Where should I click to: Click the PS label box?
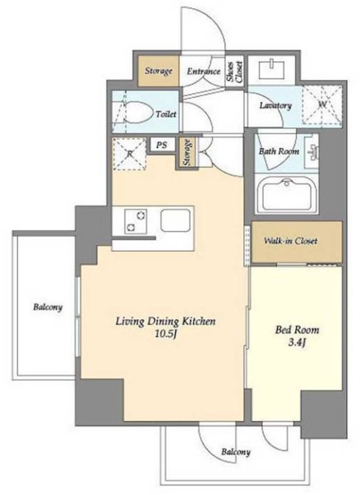click(162, 145)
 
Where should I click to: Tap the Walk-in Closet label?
click(290, 241)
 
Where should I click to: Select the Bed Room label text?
click(297, 330)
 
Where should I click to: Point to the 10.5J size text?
click(165, 334)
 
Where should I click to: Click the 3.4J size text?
click(297, 343)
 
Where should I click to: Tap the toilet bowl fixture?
click(136, 112)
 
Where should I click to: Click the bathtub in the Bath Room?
click(287, 195)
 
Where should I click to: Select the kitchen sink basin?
click(176, 220)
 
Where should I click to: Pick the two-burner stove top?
click(136, 221)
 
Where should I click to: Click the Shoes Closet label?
click(235, 72)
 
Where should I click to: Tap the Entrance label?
click(204, 71)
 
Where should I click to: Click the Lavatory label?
click(276, 105)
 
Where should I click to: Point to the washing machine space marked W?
click(322, 104)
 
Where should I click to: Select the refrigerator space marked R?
click(129, 154)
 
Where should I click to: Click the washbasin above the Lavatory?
click(272, 70)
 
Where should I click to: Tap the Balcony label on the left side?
click(48, 307)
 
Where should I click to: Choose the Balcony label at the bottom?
click(236, 452)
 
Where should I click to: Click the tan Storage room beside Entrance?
click(159, 71)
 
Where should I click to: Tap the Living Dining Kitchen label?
click(165, 322)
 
